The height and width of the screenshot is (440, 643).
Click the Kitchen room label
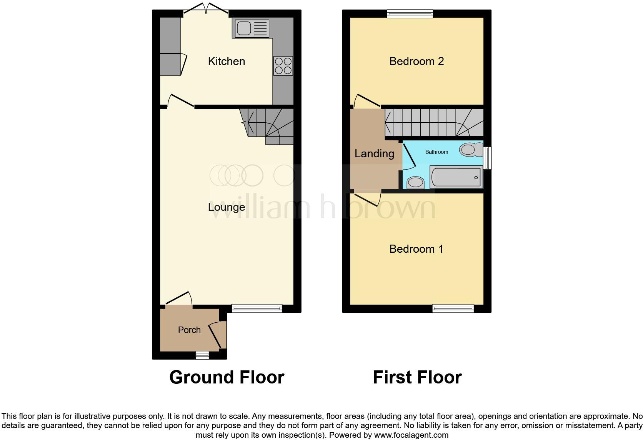[x=226, y=61]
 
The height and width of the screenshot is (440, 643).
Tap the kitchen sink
[x=250, y=28]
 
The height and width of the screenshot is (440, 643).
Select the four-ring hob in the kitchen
[x=283, y=66]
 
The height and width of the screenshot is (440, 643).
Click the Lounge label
[x=226, y=207]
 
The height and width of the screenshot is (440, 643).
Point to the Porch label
[x=189, y=330]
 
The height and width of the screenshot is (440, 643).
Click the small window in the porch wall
[x=202, y=355]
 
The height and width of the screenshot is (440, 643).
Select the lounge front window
[x=257, y=308]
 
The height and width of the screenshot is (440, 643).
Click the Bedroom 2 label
[x=416, y=61]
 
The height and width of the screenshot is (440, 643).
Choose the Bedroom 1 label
[x=416, y=249]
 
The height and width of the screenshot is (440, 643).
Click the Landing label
[x=374, y=154]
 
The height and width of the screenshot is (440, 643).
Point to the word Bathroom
[x=436, y=152]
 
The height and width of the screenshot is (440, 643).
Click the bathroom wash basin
[x=415, y=182]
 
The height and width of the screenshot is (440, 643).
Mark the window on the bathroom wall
[x=487, y=158]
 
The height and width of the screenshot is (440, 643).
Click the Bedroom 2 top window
[x=410, y=14]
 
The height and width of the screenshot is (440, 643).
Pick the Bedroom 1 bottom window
[x=453, y=308]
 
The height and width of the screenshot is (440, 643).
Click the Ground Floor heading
[x=227, y=377]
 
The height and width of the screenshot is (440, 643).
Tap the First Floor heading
[x=417, y=377]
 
